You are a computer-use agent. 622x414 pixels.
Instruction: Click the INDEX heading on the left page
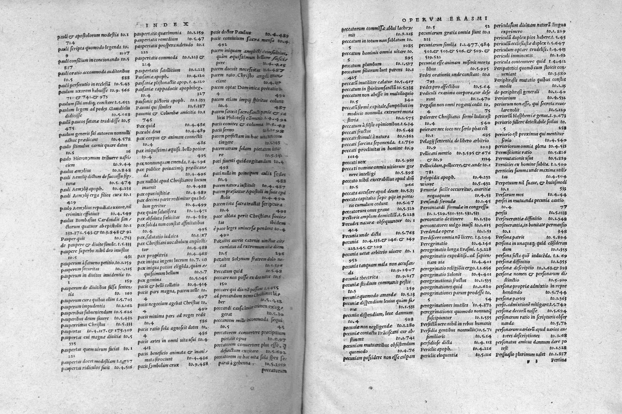tap(166, 24)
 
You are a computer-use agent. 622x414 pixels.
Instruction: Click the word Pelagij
tap(429, 141)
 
